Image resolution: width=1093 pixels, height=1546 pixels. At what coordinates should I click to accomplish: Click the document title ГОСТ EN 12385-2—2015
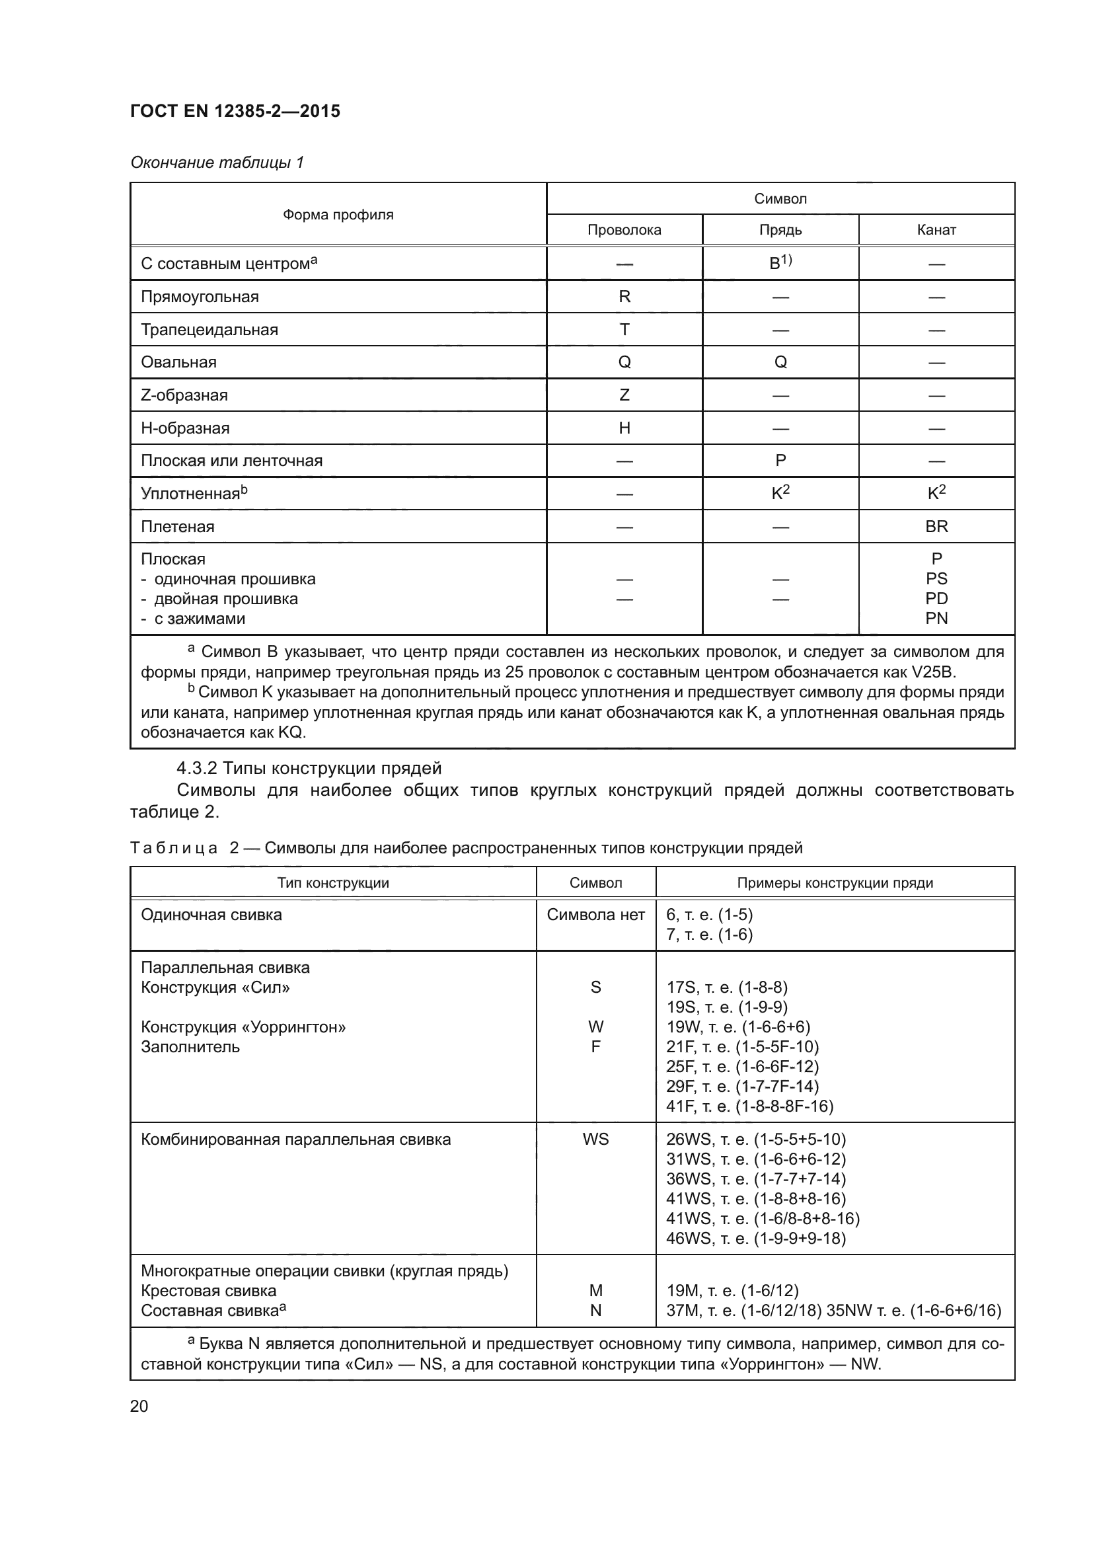pos(235,111)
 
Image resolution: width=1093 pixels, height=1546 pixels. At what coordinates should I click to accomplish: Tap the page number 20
pos(139,1406)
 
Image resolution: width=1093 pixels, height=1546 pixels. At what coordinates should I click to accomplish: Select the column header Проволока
pos(624,229)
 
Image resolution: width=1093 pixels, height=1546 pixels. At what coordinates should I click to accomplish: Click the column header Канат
pos(936,229)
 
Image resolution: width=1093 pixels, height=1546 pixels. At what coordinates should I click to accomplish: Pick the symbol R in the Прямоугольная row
pos(624,296)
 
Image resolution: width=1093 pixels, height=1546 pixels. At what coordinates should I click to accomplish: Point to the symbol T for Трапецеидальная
pos(624,329)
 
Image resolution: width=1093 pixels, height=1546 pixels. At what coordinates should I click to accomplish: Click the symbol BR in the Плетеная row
pos(936,527)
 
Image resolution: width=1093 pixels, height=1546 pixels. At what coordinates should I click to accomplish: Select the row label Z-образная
pos(184,395)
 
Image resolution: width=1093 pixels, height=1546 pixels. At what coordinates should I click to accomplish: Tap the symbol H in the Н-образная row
pos(624,428)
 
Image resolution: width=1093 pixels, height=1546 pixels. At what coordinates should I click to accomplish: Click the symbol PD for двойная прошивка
pos(936,599)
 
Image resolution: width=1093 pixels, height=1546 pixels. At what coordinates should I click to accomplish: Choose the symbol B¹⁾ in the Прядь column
pos(780,262)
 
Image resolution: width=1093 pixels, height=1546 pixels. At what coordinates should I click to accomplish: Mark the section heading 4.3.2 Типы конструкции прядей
pos(309,768)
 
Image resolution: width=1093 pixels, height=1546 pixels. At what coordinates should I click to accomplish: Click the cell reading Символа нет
pos(595,914)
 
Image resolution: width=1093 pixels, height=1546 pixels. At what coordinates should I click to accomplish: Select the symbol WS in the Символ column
pos(595,1140)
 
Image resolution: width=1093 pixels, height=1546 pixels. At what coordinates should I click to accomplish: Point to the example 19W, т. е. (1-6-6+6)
pos(737,1027)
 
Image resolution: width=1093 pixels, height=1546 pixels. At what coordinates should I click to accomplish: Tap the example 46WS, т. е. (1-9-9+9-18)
pos(755,1238)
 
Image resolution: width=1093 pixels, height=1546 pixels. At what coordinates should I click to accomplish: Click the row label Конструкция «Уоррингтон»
pos(243,1027)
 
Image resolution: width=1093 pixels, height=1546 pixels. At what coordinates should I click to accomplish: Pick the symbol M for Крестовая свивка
pos(595,1291)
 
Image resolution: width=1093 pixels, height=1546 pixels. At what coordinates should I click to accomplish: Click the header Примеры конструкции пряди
pos(835,883)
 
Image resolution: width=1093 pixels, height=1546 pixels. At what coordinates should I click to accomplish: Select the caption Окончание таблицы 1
pos(217,163)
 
